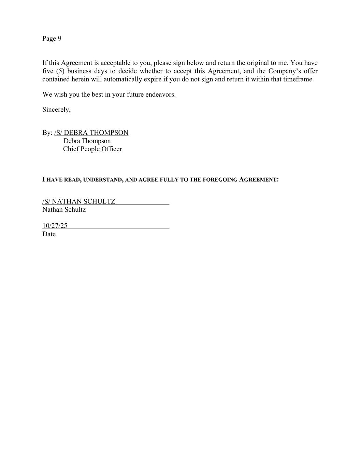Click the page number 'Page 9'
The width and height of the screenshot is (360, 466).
pyautogui.click(x=52, y=39)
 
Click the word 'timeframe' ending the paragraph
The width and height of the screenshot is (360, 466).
pyautogui.click(x=298, y=79)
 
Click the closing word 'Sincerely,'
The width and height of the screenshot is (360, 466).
pyautogui.click(x=56, y=110)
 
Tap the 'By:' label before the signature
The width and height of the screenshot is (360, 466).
pyautogui.click(x=47, y=133)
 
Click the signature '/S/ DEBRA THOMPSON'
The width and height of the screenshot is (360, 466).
pyautogui.click(x=91, y=133)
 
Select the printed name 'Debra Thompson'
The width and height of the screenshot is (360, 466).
pyautogui.click(x=87, y=141)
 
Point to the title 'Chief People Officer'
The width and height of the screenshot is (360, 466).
pyautogui.click(x=92, y=149)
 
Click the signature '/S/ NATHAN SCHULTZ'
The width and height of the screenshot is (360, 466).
pyautogui.click(x=79, y=201)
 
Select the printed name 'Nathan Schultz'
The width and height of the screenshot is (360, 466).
pyautogui.click(x=64, y=210)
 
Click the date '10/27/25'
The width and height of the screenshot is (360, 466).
pyautogui.click(x=55, y=226)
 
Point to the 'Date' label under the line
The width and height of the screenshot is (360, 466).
pyautogui.click(x=49, y=234)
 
